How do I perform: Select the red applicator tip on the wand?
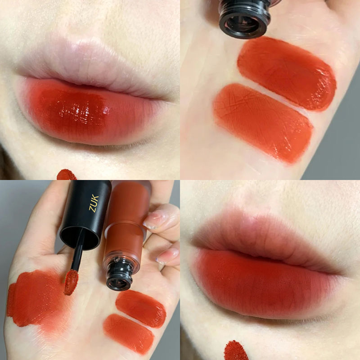pos(71,282)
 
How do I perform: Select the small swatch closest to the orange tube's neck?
pos(140,308)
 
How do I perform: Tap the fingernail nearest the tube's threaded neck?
pos(165,256)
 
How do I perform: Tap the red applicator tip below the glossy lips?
pos(67,175)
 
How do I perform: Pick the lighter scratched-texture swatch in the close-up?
pos(263,121)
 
